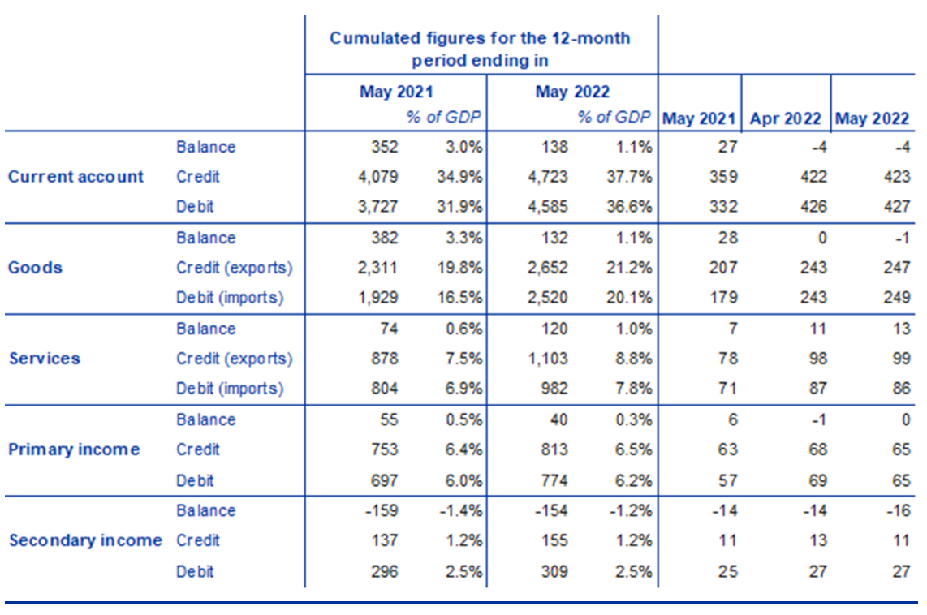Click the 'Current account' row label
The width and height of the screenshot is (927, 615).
pyautogui.click(x=75, y=177)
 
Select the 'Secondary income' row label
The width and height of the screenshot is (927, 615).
pyautogui.click(x=85, y=540)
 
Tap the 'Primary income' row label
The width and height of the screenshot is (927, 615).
pyautogui.click(x=74, y=449)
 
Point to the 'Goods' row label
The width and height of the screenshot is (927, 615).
pyautogui.click(x=35, y=268)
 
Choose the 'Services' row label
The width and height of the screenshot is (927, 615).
pyautogui.click(x=45, y=359)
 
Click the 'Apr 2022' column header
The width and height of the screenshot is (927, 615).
pyautogui.click(x=786, y=118)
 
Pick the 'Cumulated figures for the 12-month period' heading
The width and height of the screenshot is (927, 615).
pyautogui.click(x=480, y=49)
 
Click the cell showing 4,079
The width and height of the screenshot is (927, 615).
pyautogui.click(x=378, y=177)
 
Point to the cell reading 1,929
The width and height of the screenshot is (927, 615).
pyautogui.click(x=378, y=298)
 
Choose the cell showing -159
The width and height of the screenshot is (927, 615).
pyautogui.click(x=382, y=510)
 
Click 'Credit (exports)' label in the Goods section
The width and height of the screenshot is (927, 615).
pyautogui.click(x=234, y=268)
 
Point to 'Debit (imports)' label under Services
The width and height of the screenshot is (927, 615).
pyautogui.click(x=230, y=389)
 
